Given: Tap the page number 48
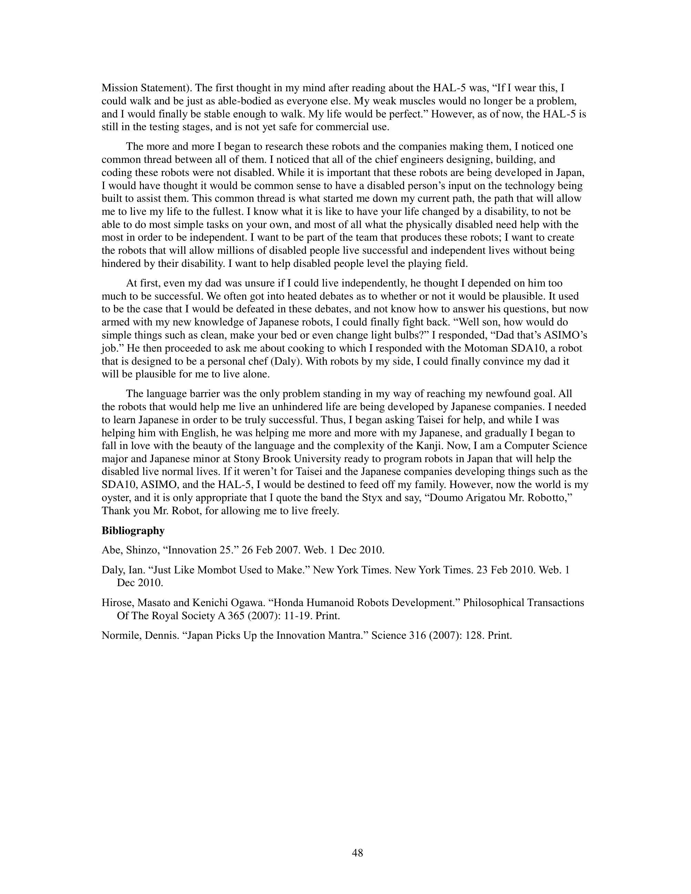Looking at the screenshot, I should [357, 853].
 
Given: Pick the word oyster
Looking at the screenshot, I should [115, 498].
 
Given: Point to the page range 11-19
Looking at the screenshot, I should [297, 616].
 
